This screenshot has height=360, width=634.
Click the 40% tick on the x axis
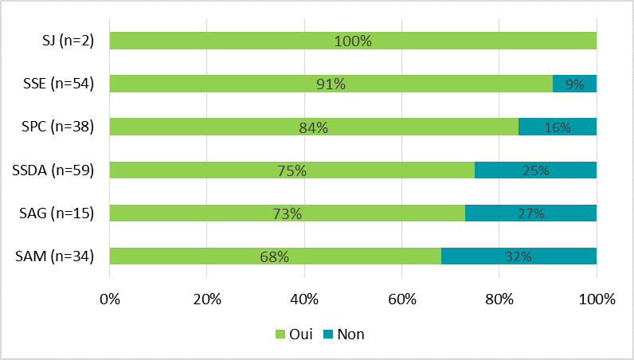click(304, 300)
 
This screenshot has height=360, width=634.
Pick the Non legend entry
click(343, 335)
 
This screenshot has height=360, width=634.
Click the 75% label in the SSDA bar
click(292, 170)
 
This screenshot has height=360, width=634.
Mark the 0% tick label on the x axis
click(110, 300)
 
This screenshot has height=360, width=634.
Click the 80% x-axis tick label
click(499, 300)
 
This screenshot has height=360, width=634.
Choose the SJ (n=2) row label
click(68, 41)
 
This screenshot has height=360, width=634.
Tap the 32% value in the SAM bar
click(519, 256)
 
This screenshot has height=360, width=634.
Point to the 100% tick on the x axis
click(597, 300)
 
